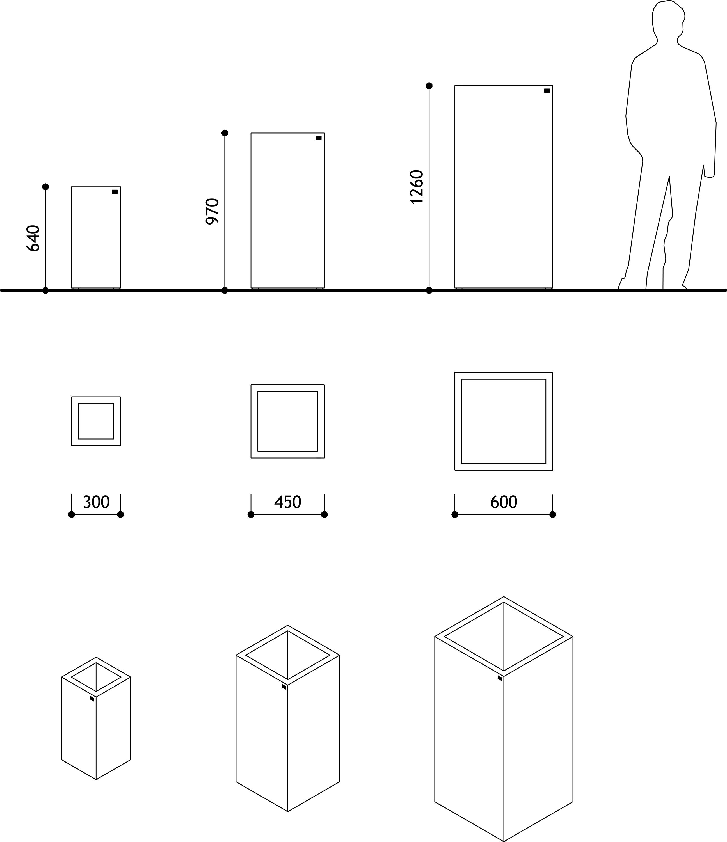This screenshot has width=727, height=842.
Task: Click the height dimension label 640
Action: pos(33,239)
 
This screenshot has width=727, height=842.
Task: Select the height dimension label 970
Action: pos(212,211)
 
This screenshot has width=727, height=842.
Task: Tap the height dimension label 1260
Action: pos(417,187)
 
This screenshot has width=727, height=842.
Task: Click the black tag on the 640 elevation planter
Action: pos(115,192)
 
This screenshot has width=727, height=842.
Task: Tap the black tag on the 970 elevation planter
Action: pos(319,138)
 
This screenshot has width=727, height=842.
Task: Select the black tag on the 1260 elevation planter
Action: pos(547,91)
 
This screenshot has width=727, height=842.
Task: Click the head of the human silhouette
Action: pos(669,20)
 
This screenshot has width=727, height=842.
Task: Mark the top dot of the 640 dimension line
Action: pos(45,187)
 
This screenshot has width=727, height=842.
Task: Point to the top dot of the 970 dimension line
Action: pos(225,133)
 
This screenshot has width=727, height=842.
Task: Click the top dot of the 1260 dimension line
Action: pos(429,86)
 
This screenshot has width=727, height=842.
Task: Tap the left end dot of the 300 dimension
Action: pos(72,514)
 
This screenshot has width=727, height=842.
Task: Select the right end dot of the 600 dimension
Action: pos(553,514)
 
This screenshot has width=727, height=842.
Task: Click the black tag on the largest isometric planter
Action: pos(500,678)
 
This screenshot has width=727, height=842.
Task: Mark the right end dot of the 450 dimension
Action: pos(324,514)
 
